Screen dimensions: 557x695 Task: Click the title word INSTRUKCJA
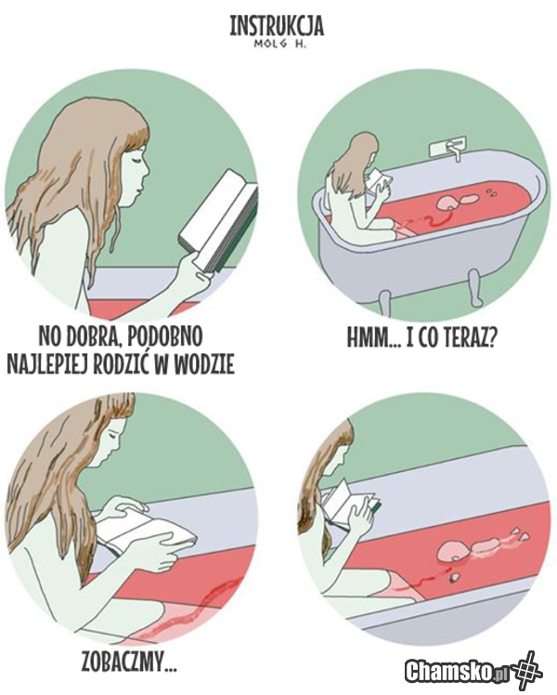(277, 26)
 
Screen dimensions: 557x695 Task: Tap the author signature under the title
(278, 44)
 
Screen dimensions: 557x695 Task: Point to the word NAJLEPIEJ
(45, 364)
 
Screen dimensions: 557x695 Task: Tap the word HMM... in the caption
(373, 338)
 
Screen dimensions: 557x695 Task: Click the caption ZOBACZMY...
(129, 662)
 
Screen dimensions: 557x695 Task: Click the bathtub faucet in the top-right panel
(448, 149)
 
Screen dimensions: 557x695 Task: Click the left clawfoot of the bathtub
(384, 300)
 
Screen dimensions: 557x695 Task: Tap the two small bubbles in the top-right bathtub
(491, 192)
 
